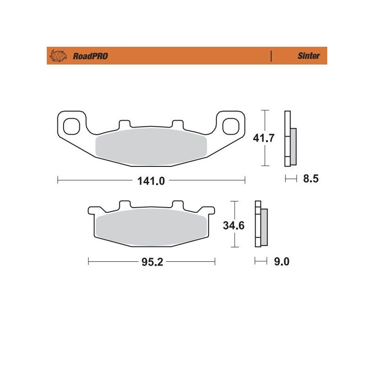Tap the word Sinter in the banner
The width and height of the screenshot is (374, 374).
[309, 56]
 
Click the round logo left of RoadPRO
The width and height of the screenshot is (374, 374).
[57, 56]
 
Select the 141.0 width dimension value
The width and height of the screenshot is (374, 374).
[151, 180]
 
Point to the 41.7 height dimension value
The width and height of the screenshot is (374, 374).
[263, 139]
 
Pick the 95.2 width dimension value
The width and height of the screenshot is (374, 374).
[151, 262]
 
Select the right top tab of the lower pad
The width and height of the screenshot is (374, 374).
[178, 205]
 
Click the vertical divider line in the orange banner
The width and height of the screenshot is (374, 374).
[271, 56]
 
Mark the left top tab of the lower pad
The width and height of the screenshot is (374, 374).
[125, 205]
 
